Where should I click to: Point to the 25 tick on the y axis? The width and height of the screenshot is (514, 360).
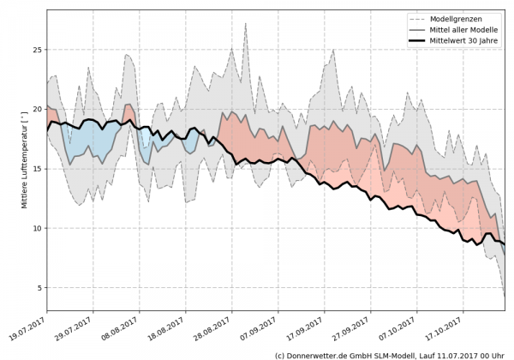pyautogui.click(x=37, y=50)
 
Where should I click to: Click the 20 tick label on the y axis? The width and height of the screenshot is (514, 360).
pyautogui.click(x=37, y=110)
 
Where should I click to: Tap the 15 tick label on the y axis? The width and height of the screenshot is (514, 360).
pyautogui.click(x=37, y=169)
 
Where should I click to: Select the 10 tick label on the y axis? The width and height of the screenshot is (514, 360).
pyautogui.click(x=37, y=229)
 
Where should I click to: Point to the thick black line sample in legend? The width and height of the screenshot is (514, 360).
pyautogui.click(x=419, y=40)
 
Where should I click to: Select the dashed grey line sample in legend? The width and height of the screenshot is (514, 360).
pyautogui.click(x=419, y=18)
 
